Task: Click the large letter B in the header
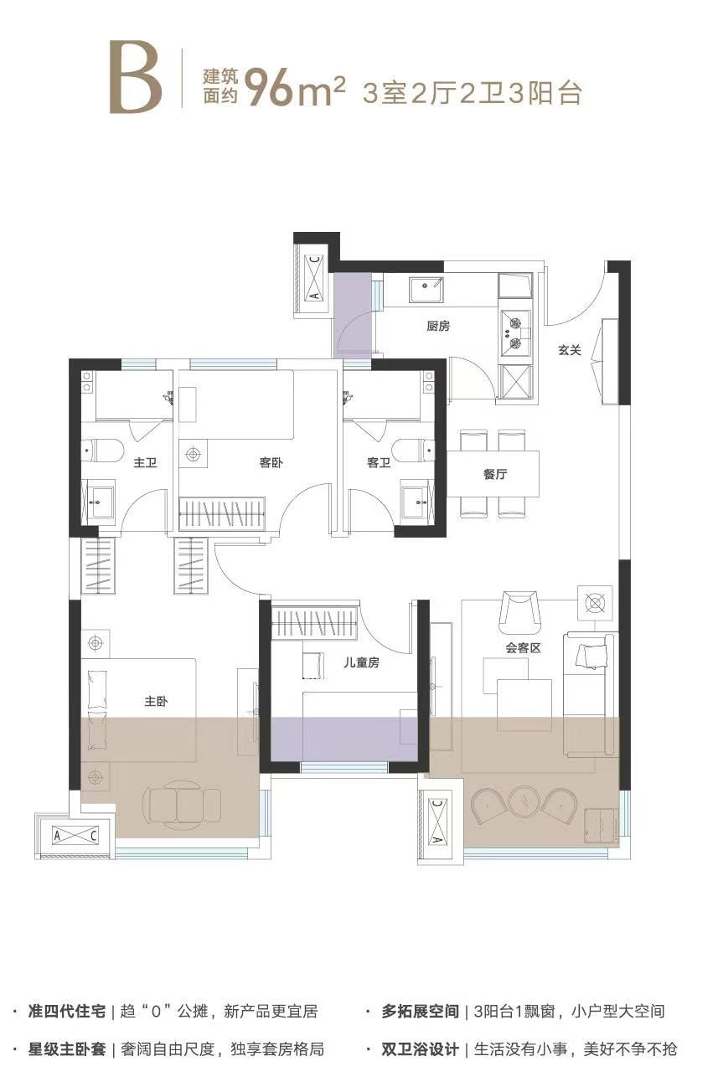[x=136, y=78]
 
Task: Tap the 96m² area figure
[x=295, y=88]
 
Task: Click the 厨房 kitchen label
[x=438, y=326]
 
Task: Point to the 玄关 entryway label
[x=569, y=350]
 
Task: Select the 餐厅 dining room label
[x=494, y=474]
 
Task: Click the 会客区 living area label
[x=523, y=648]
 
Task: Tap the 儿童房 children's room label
[x=361, y=663]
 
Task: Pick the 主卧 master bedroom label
[x=156, y=701]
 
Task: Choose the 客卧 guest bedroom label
[x=271, y=462]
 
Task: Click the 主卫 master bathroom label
[x=145, y=462]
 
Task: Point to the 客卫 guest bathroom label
[x=379, y=462]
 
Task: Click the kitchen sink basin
[x=426, y=290]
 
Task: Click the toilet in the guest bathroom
[x=414, y=451]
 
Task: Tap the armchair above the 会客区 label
[x=520, y=613]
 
